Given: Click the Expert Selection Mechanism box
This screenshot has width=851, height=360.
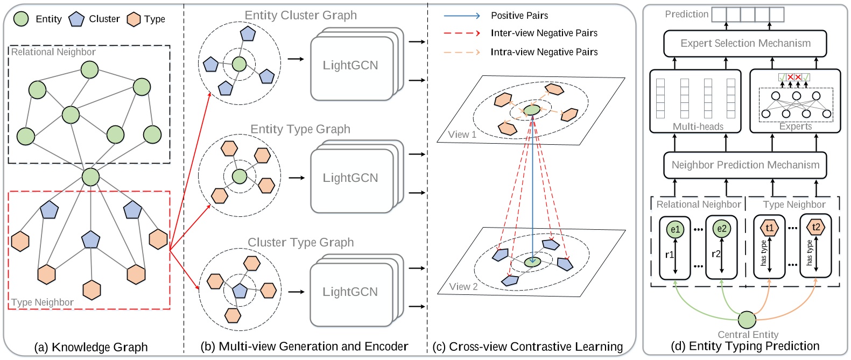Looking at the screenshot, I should (745, 44).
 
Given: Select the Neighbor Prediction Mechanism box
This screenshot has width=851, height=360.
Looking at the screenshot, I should (745, 165).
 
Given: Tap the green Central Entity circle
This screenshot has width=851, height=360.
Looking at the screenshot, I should (747, 320).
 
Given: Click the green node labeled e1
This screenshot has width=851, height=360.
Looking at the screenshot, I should (674, 229).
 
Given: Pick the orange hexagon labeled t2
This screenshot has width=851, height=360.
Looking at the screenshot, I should (815, 227).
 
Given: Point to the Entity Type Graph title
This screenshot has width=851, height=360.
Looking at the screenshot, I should (300, 129).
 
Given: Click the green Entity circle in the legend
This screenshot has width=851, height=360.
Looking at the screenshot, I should (20, 19).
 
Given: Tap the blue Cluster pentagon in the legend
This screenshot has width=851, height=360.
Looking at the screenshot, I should (76, 19).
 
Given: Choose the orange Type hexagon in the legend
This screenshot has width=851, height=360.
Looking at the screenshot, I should (133, 19).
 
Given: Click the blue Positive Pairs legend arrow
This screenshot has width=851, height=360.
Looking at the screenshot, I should (461, 16).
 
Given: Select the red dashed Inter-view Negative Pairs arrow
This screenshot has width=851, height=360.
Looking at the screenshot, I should (461, 33).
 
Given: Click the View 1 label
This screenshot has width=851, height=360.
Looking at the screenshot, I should (462, 135).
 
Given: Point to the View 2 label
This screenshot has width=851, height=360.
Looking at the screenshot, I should (463, 287).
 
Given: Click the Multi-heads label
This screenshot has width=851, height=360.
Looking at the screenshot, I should (698, 127).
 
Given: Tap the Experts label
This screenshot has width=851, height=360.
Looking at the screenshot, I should (795, 127).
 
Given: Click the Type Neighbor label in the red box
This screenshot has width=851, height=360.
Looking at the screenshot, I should (43, 302).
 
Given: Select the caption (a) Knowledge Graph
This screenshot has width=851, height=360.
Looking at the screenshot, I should (90, 347).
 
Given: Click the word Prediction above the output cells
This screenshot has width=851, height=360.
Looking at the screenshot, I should (686, 15).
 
